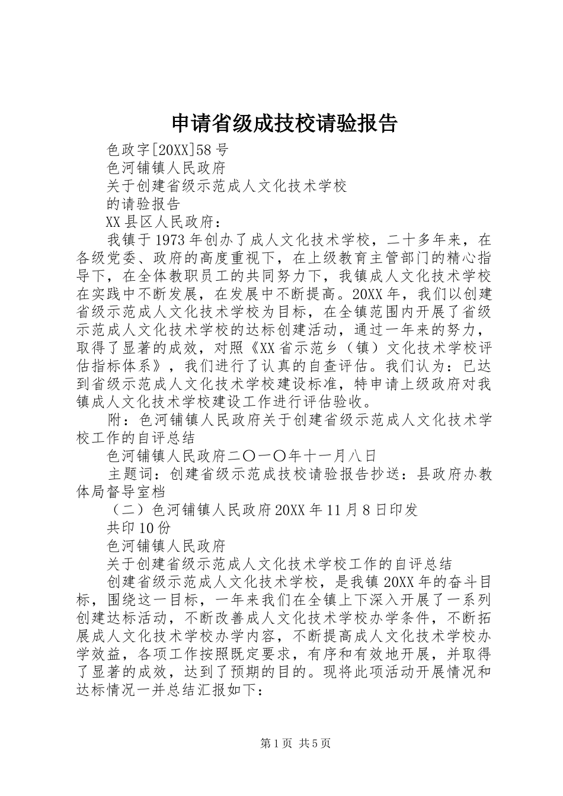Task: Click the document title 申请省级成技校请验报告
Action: click(x=283, y=124)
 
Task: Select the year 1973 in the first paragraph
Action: click(x=169, y=240)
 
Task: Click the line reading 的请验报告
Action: click(x=143, y=204)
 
